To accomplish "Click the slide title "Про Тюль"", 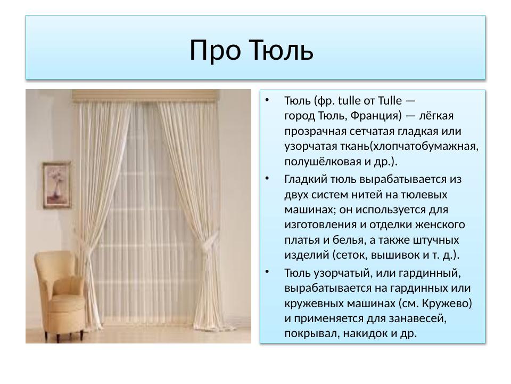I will pos(251,50).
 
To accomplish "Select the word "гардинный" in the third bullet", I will pos(433,273).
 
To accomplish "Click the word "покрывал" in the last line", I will pos(308,333).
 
